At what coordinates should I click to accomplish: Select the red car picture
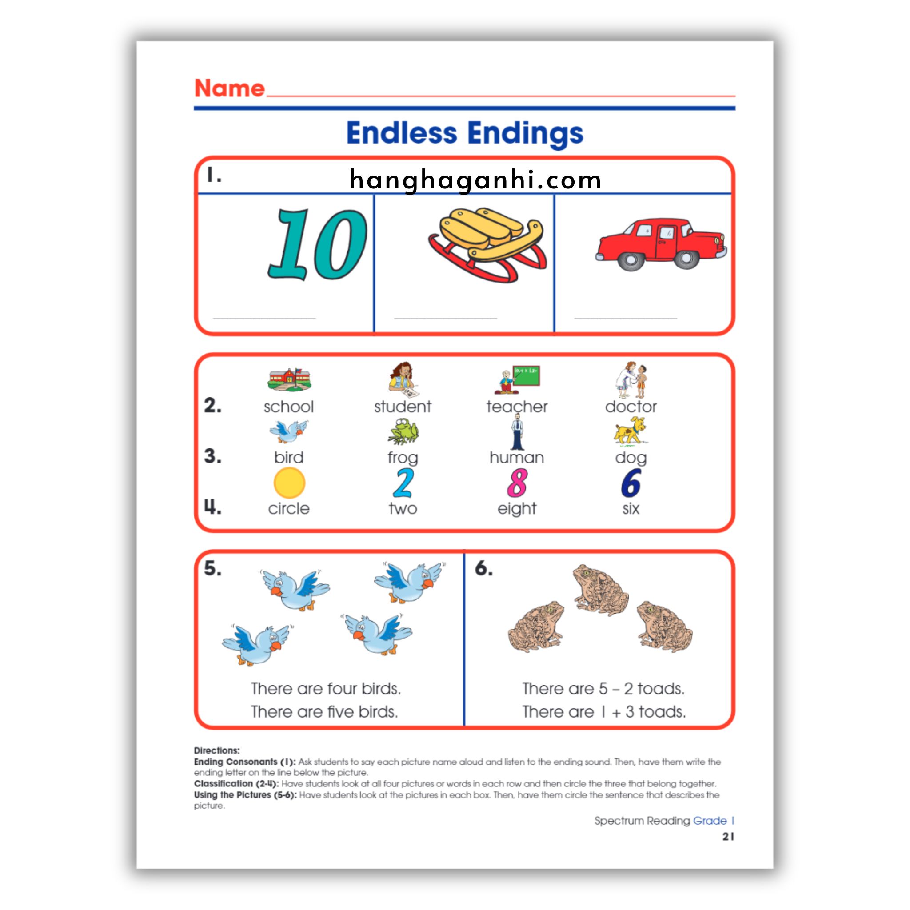pyautogui.click(x=661, y=244)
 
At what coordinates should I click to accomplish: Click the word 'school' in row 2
pyautogui.click(x=289, y=407)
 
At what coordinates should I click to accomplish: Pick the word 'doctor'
pyautogui.click(x=631, y=407)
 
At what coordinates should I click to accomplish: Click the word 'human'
pyautogui.click(x=517, y=458)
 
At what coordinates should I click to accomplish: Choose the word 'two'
pyautogui.click(x=403, y=509)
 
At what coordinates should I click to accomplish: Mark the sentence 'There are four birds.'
pyautogui.click(x=325, y=689)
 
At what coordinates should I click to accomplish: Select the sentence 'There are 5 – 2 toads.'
pyautogui.click(x=603, y=689)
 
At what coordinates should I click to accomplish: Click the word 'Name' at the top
pyautogui.click(x=229, y=88)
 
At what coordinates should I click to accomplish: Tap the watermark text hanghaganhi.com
pyautogui.click(x=475, y=180)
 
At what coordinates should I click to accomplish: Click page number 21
pyautogui.click(x=728, y=837)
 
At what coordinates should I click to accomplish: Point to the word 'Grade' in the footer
pyautogui.click(x=709, y=821)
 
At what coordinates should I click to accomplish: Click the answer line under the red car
pyautogui.click(x=626, y=319)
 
